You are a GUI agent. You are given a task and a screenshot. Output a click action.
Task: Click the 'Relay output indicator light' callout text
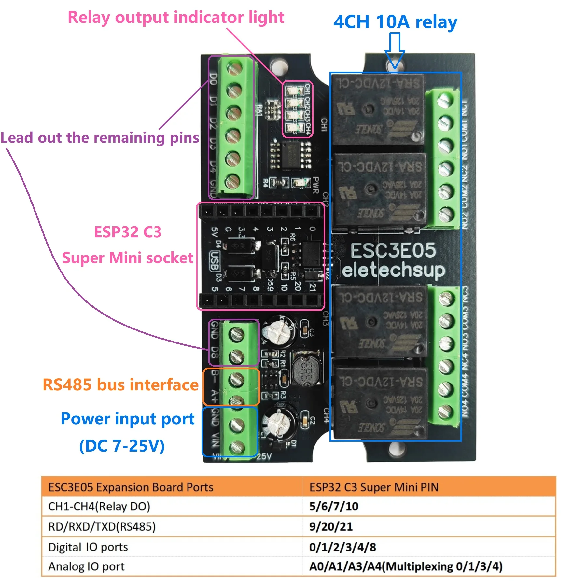pos(176,18)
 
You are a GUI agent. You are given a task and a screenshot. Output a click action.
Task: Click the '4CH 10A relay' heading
pos(395,22)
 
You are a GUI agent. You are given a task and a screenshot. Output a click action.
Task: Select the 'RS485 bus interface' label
pos(120,385)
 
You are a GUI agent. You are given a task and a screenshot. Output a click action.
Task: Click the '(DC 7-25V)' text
pos(122,446)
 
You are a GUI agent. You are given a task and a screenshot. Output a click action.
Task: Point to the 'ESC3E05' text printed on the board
pos(393,250)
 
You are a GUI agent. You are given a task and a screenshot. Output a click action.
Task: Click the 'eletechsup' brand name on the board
pos(393,271)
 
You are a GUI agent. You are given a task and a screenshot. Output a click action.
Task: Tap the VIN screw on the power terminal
pos(237,447)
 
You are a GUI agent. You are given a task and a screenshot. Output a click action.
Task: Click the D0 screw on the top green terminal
pos(234,69)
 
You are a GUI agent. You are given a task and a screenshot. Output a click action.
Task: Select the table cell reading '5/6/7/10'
pos(334,506)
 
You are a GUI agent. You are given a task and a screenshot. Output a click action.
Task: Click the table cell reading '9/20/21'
pos(331,526)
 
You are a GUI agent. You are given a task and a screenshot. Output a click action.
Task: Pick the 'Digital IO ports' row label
pos(88,547)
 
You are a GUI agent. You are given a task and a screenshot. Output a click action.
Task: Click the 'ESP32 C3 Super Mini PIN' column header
pos(374,487)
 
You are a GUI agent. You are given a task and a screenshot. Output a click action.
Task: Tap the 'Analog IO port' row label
pos(86,566)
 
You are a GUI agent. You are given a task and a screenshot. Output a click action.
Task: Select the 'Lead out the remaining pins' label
pos(100,138)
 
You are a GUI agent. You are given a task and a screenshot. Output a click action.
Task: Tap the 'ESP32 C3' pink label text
pos(128,232)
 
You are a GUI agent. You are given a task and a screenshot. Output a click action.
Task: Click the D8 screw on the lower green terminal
pos(236,356)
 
